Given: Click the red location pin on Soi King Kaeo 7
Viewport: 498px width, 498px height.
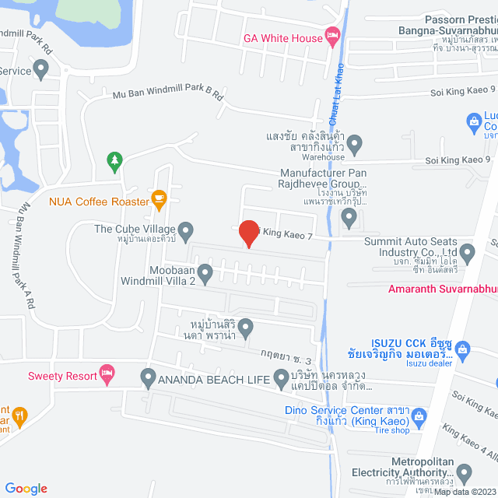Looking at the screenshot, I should pos(248,233).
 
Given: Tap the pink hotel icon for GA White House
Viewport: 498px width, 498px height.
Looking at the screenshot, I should pos(332,35).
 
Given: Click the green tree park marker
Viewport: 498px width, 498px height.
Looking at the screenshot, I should pos(115,161).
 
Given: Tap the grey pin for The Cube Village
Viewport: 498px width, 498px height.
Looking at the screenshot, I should pos(186,230).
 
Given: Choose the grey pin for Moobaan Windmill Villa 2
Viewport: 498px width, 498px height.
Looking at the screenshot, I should pos(205,272).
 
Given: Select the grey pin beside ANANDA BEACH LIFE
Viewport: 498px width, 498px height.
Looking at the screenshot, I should pos(149,379).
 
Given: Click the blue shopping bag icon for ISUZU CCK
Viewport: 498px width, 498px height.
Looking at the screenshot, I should pos(464,349).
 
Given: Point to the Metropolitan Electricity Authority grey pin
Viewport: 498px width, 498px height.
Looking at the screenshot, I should pos(464,472).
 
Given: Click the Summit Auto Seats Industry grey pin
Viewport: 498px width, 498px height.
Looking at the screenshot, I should pos(468,251).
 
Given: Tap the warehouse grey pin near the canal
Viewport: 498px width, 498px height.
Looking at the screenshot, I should pos(355,143).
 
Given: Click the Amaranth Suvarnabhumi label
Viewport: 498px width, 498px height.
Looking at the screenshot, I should pos(442,289).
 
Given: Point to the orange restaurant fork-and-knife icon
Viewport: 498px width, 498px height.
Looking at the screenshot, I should pos(19,416).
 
